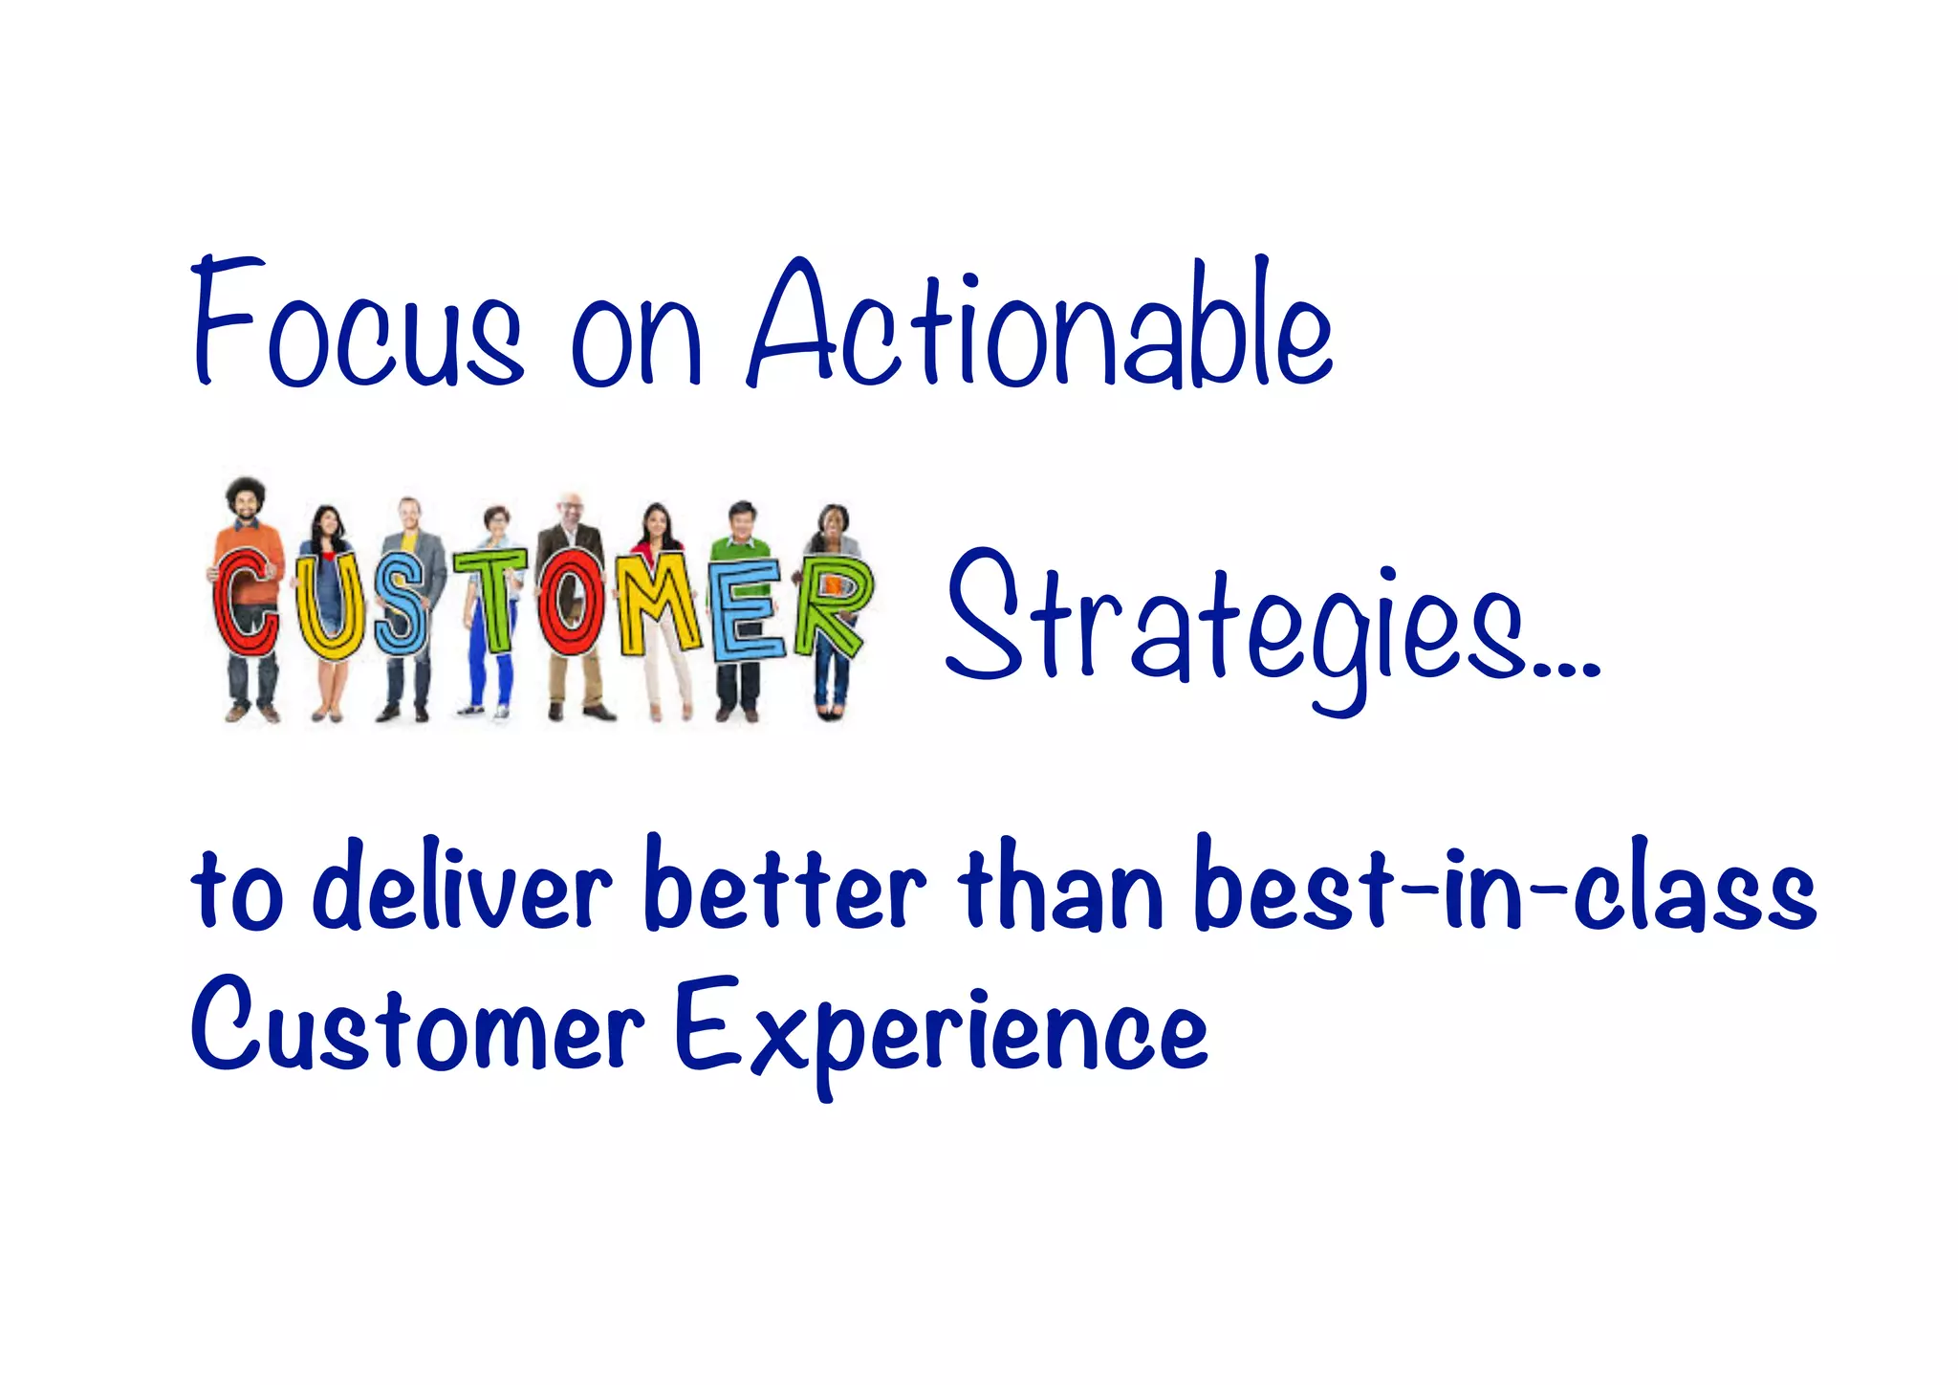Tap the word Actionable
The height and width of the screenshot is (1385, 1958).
[1040, 325]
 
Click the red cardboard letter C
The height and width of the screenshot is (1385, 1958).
[245, 603]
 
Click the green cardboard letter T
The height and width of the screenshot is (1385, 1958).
[490, 598]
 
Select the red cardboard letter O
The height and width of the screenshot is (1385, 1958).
[571, 603]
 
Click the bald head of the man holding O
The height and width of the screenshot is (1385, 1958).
[571, 502]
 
